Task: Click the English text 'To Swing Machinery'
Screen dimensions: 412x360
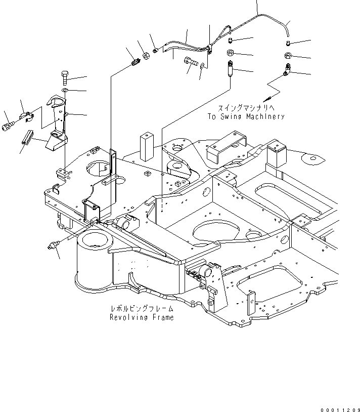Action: pos(246,116)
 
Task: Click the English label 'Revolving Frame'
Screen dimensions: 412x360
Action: pos(142,317)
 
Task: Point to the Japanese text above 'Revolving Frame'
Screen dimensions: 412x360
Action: pos(142,308)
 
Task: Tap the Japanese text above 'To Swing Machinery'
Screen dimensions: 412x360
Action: pos(246,108)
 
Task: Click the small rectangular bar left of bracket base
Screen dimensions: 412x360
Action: pos(27,136)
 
